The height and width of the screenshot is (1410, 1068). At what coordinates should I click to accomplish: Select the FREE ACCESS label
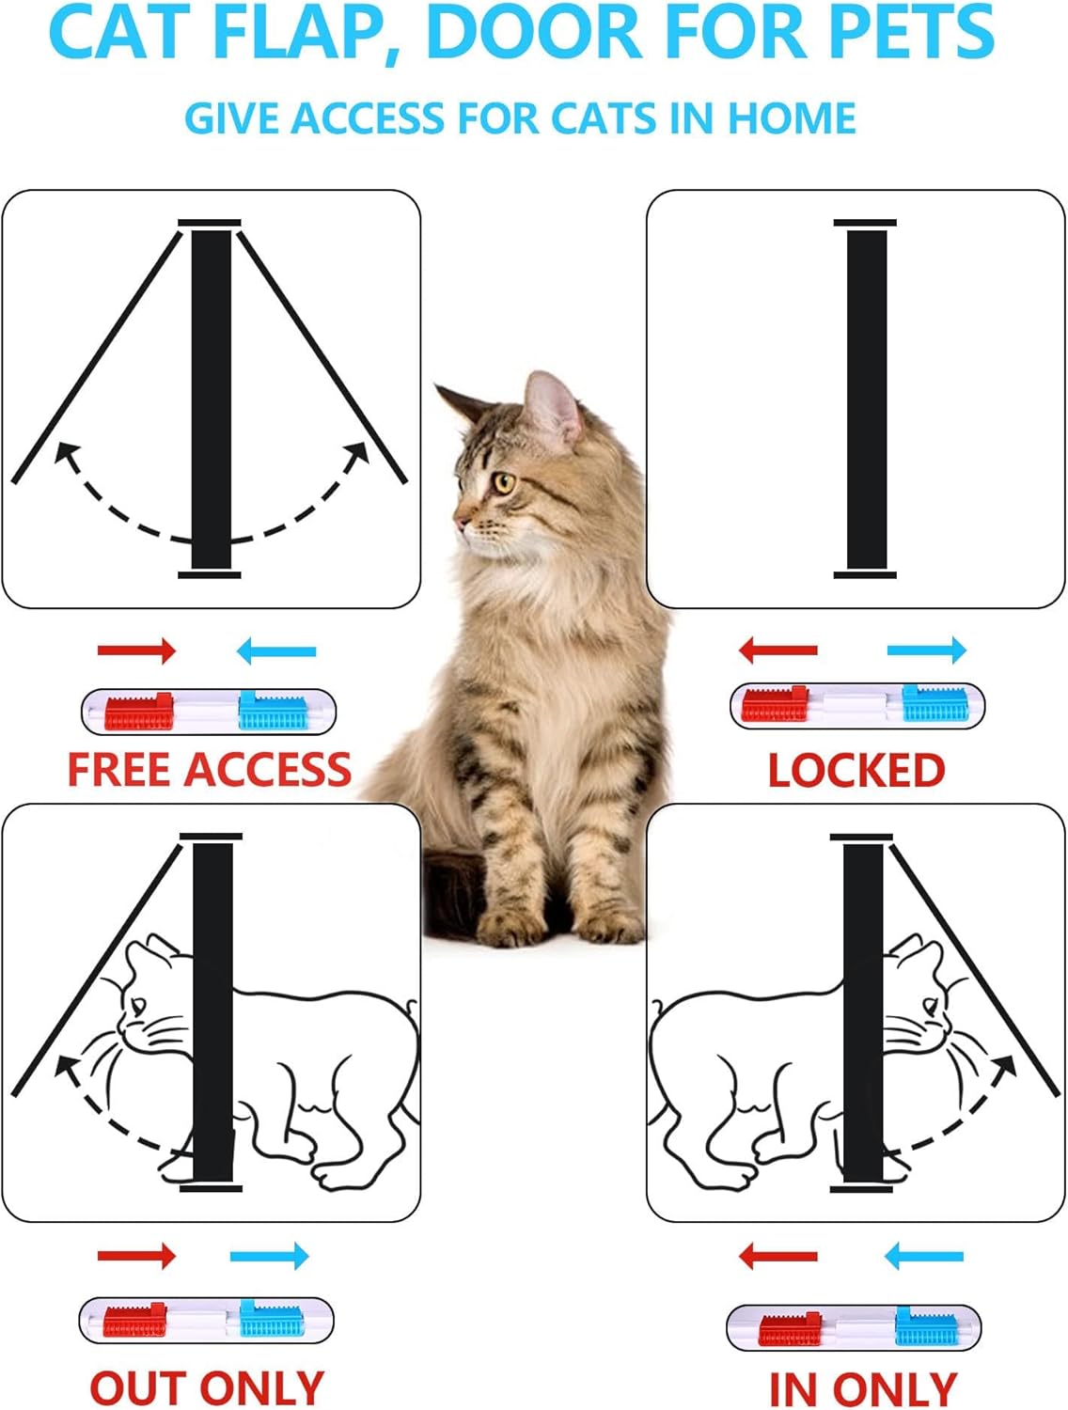(209, 770)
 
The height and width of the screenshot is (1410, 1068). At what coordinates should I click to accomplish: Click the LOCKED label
(856, 771)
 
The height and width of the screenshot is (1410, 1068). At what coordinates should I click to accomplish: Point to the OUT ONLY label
(207, 1388)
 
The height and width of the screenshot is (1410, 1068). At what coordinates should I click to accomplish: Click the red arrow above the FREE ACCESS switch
(137, 650)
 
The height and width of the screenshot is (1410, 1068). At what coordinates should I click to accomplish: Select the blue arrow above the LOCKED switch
(927, 649)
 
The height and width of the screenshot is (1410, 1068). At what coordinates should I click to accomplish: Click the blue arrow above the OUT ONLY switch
(270, 1256)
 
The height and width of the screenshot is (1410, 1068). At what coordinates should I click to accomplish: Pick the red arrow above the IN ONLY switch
(778, 1256)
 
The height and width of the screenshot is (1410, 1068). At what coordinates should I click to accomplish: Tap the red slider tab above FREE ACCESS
(139, 713)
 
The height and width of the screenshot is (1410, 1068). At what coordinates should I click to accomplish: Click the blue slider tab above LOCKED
(935, 704)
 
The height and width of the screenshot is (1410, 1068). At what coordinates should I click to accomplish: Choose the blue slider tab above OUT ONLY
(272, 1321)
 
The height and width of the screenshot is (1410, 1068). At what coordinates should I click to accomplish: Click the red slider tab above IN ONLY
(791, 1328)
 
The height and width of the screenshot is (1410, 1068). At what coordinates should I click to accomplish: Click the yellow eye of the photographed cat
(505, 484)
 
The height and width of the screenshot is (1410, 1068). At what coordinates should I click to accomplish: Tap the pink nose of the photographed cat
(460, 518)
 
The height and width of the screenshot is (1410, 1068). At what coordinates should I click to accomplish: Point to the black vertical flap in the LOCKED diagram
(866, 399)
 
